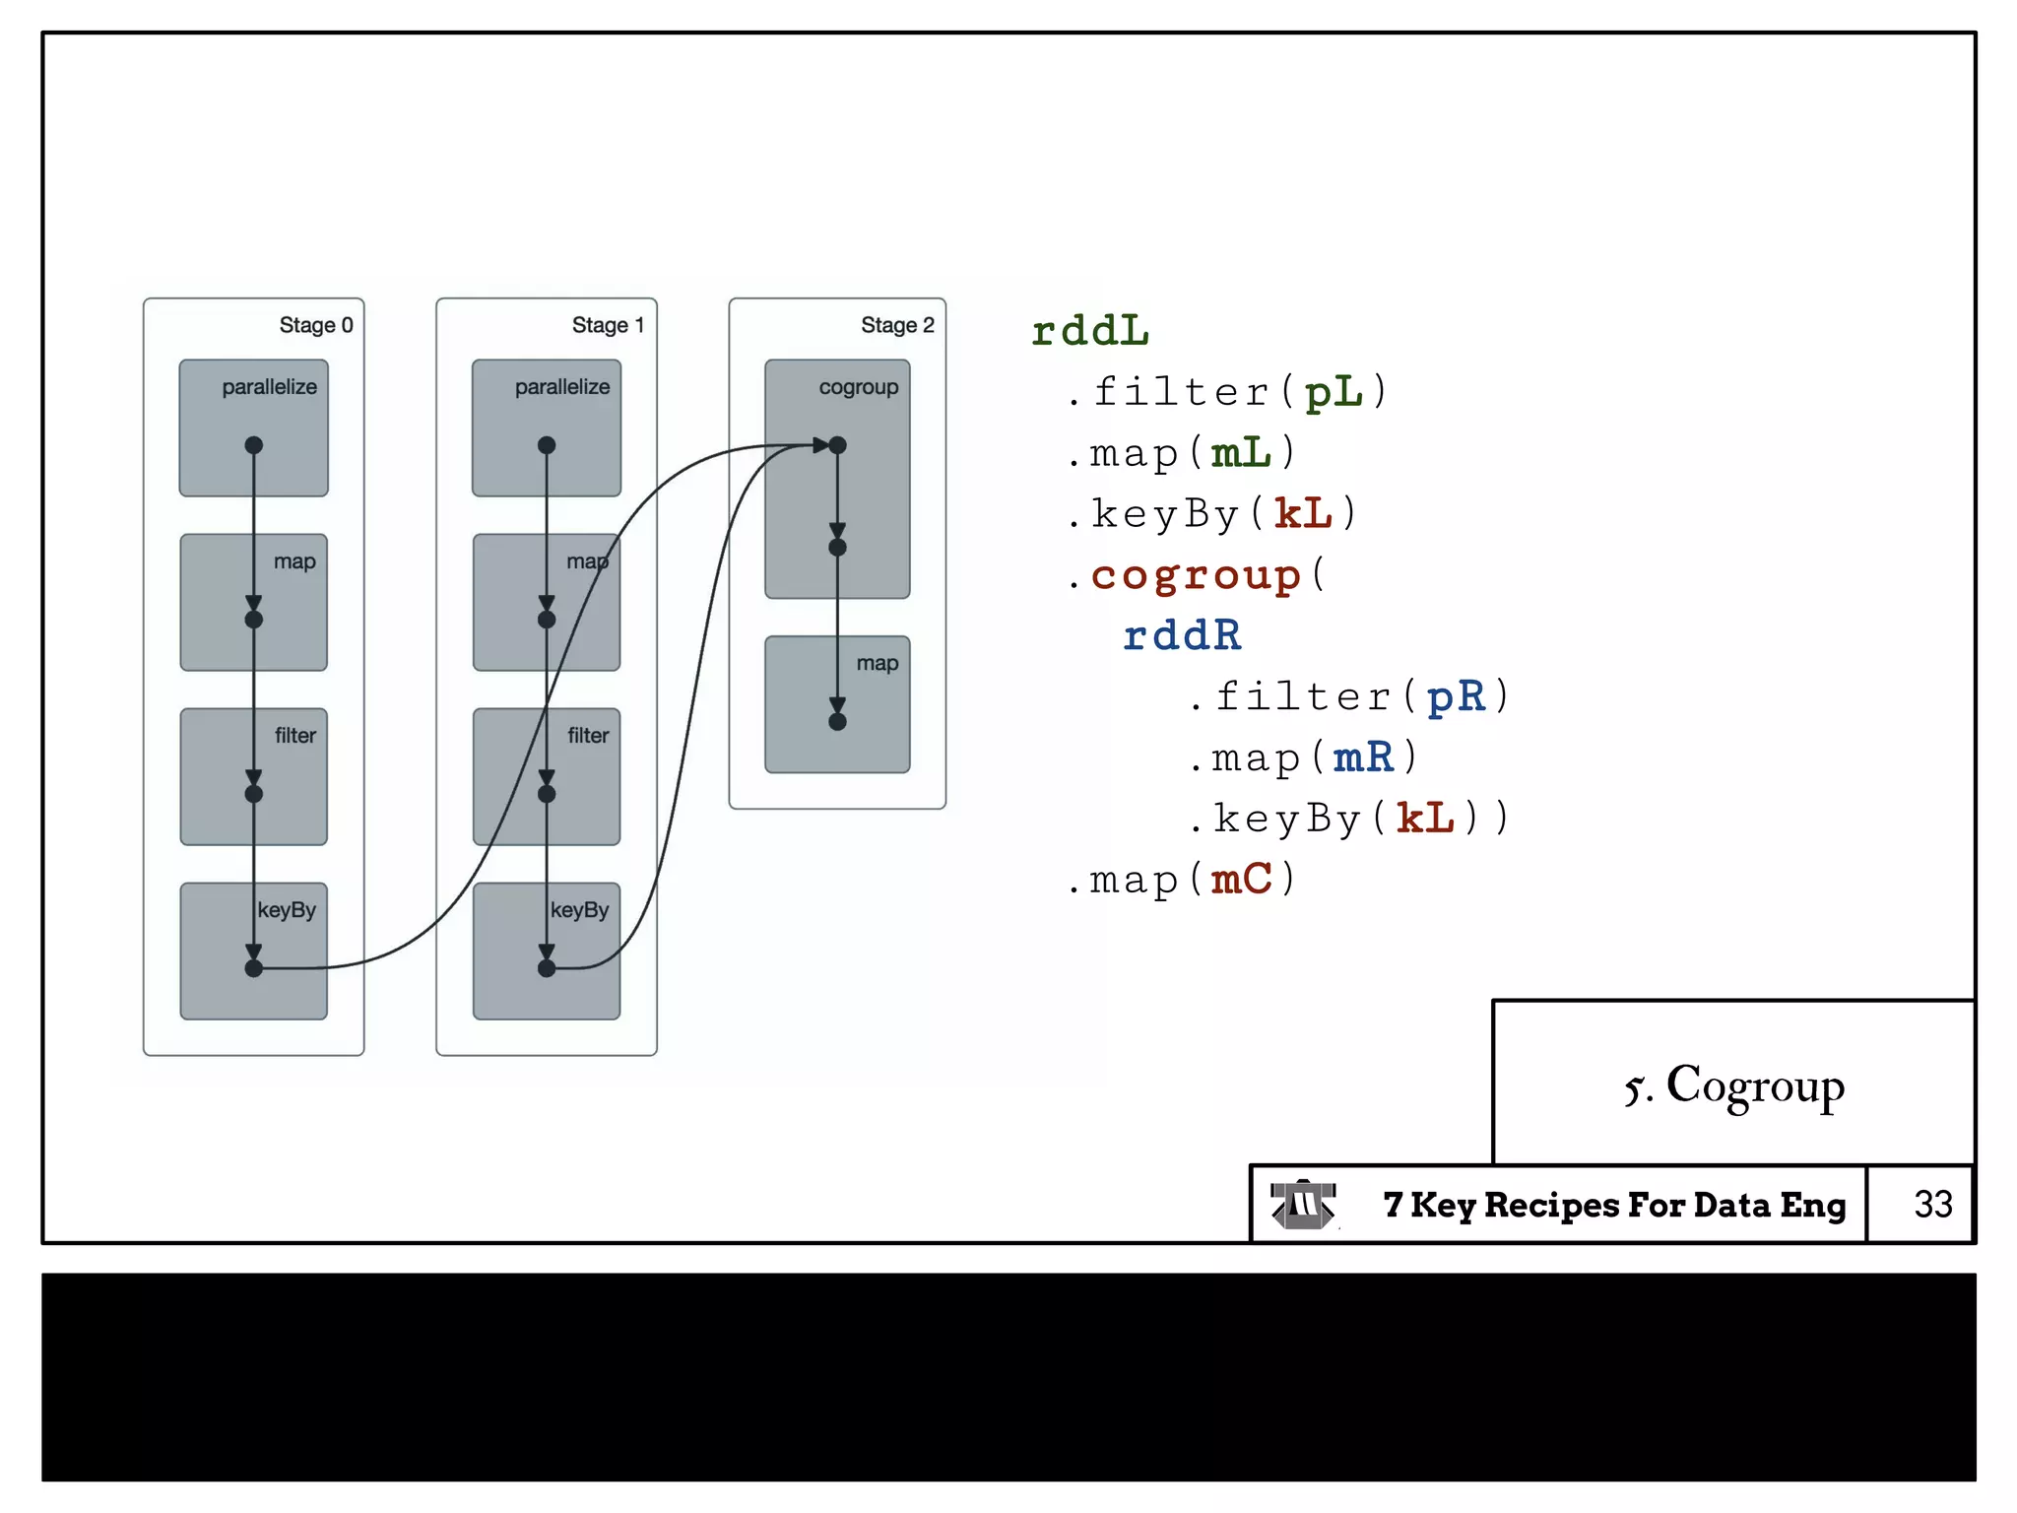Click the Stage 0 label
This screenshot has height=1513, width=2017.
click(x=315, y=325)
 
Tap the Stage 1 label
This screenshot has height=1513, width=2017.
click(x=608, y=325)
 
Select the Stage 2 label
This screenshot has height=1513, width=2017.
click(x=897, y=325)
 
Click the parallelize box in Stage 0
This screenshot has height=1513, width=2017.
click(x=253, y=427)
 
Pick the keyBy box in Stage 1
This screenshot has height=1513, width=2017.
click(x=547, y=951)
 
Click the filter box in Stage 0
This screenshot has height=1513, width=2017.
click(x=253, y=776)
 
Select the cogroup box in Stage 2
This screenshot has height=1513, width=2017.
click(x=837, y=479)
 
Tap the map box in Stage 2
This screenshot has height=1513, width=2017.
click(x=837, y=704)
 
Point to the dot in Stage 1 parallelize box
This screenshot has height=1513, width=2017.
click(x=547, y=445)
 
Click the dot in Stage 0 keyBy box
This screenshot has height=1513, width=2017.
click(x=253, y=968)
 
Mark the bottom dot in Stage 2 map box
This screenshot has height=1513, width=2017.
click(x=837, y=722)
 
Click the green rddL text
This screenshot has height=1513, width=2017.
click(x=1090, y=331)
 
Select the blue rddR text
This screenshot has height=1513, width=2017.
click(x=1182, y=635)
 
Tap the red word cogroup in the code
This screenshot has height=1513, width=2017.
click(x=1196, y=574)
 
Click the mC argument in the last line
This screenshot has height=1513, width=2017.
click(x=1242, y=879)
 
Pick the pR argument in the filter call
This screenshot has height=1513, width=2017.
click(x=1455, y=696)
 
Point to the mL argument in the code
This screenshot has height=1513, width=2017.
click(x=1242, y=453)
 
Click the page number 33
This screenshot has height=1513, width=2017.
click(x=1932, y=1204)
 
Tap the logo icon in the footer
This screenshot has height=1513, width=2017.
click(x=1302, y=1204)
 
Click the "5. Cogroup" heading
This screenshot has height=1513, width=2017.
click(x=1734, y=1085)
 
